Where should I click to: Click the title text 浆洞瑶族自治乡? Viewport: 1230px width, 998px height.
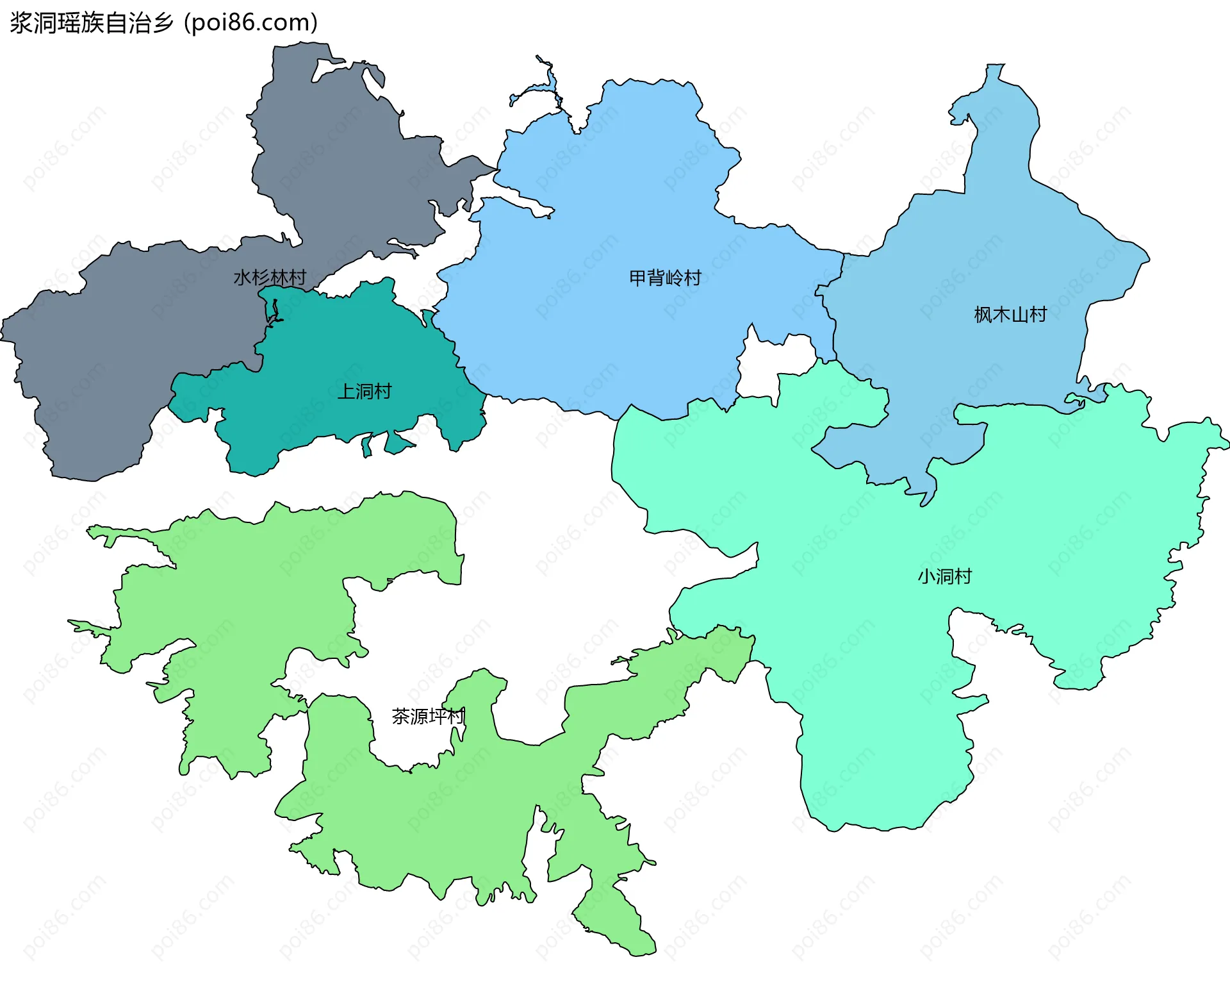click(92, 23)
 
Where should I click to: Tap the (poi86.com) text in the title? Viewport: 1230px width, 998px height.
click(251, 23)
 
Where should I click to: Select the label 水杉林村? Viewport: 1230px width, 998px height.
click(270, 278)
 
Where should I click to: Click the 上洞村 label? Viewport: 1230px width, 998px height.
click(365, 391)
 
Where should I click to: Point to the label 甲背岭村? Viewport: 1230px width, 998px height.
click(665, 278)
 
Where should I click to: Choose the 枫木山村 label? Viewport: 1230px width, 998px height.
click(1010, 314)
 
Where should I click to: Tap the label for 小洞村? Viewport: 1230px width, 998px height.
click(944, 576)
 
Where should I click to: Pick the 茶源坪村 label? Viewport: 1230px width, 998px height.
click(428, 716)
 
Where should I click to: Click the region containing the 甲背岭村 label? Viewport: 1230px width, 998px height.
click(609, 333)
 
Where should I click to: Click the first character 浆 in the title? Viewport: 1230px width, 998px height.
click(21, 23)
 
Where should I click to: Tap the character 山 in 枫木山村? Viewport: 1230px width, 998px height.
click(1019, 314)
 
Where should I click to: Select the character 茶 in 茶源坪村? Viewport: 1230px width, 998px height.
click(401, 716)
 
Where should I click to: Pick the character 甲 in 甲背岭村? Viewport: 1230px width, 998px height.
click(638, 278)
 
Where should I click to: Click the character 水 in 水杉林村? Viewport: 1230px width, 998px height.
click(242, 278)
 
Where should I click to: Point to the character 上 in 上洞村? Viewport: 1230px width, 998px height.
click(347, 391)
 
